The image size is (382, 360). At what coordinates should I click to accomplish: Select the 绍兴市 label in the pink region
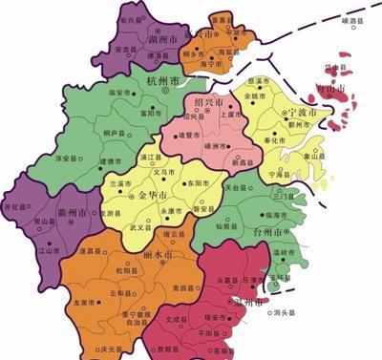coord(208,101)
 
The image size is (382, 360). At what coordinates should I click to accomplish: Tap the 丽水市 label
coord(157,257)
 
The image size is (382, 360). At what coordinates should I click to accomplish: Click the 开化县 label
coord(15,206)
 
